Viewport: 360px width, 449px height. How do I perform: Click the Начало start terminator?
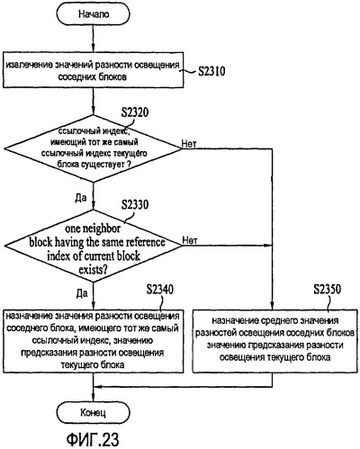click(94, 14)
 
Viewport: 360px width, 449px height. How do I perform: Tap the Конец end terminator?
click(94, 413)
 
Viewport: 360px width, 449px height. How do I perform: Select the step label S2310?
click(211, 71)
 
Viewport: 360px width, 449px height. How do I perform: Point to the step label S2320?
click(135, 112)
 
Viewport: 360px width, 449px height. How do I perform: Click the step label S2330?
click(135, 204)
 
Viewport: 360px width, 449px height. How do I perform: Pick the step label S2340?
click(160, 290)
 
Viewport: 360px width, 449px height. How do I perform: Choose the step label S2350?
click(328, 290)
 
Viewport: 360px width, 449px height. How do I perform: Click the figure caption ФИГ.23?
click(93, 439)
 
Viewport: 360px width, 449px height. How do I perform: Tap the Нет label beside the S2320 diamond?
click(189, 144)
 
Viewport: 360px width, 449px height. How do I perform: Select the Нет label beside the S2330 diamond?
click(190, 240)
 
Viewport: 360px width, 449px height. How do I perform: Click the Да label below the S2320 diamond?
click(80, 198)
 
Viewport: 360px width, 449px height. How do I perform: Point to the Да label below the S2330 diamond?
click(82, 293)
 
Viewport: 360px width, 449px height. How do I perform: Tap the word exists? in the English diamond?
click(93, 270)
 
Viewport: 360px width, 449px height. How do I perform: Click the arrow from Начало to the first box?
click(94, 39)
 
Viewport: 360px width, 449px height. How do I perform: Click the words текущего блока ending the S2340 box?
click(93, 365)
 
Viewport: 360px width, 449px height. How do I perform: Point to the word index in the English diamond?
click(56, 256)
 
